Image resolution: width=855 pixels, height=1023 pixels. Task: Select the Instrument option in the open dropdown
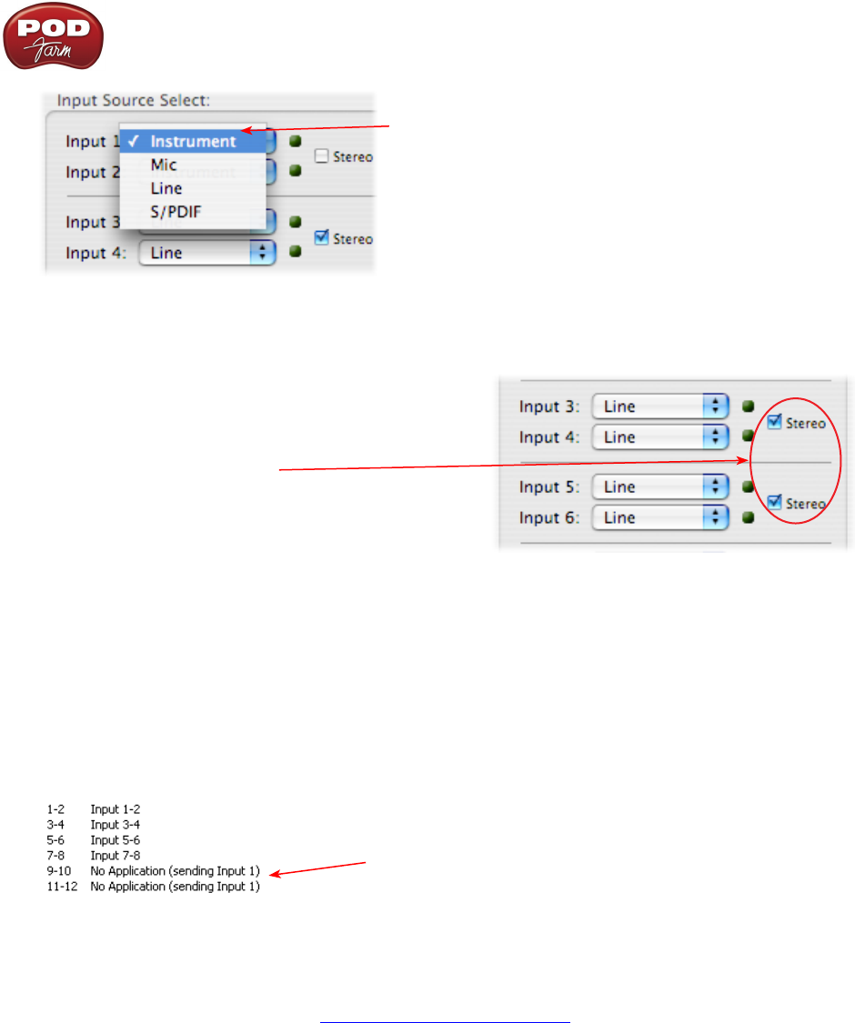coord(193,142)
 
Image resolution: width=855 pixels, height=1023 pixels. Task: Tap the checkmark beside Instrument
coord(134,142)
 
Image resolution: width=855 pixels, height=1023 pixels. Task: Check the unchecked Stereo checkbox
coord(321,156)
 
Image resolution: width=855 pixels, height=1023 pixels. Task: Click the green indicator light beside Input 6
coord(748,518)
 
